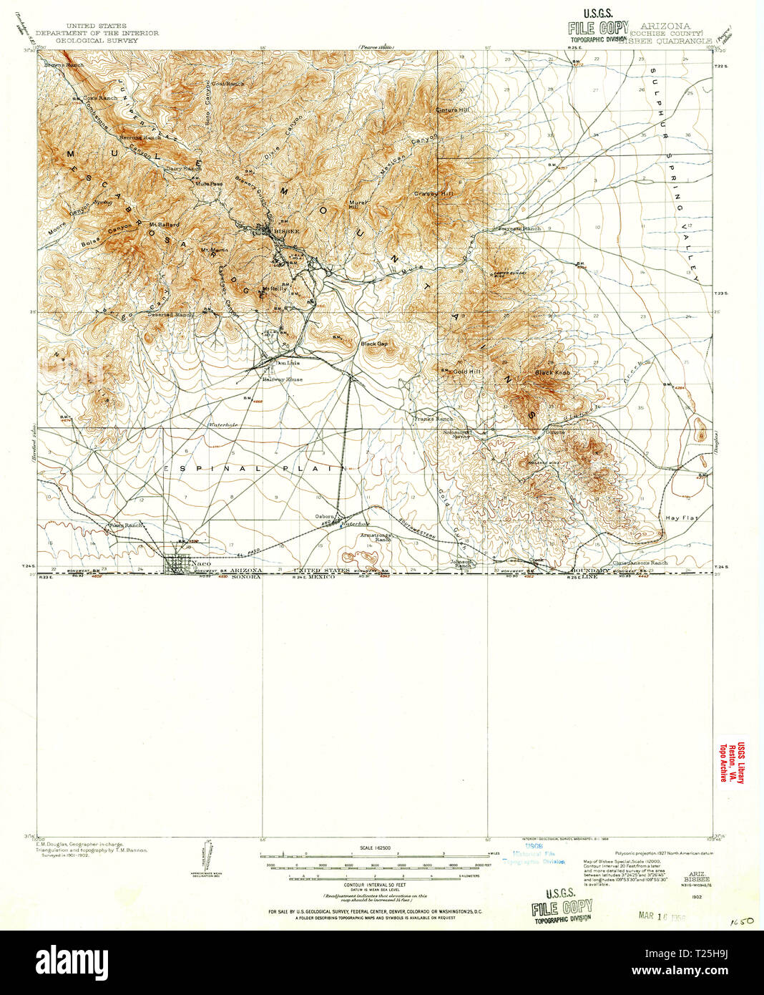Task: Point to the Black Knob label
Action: point(552,373)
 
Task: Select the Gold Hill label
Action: point(467,372)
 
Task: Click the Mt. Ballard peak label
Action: point(164,225)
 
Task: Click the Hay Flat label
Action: point(680,518)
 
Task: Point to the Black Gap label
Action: point(374,344)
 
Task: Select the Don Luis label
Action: point(288,363)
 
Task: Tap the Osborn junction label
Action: point(325,517)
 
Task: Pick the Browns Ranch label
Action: point(64,64)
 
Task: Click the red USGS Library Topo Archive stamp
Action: point(732,761)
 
